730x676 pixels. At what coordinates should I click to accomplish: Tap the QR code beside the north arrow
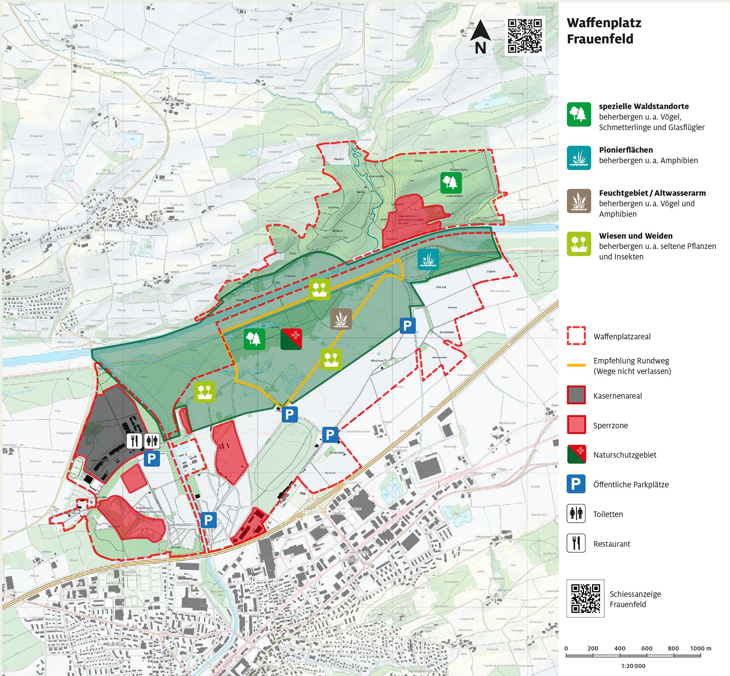525,36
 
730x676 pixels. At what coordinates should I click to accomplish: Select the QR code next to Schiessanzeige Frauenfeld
585,598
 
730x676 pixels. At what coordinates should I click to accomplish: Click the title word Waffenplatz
604,23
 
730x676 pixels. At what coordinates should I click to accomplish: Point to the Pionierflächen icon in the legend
579,157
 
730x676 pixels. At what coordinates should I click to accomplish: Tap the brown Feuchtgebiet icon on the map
341,319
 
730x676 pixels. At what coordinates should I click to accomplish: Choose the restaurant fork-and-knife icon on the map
134,441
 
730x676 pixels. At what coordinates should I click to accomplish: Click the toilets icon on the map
152,441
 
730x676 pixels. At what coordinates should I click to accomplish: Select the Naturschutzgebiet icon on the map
291,339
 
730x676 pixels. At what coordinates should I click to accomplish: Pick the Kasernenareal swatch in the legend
576,395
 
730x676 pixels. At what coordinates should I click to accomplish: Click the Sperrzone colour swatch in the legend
576,425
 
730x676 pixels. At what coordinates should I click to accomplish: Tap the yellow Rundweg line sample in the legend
576,365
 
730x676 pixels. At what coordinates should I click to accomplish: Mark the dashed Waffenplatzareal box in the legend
576,336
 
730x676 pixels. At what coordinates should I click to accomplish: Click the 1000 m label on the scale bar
700,648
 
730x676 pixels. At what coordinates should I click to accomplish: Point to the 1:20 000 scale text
633,666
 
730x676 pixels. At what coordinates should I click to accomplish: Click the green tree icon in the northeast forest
451,182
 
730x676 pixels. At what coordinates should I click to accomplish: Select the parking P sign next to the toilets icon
152,458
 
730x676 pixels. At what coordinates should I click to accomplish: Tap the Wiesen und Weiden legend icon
579,244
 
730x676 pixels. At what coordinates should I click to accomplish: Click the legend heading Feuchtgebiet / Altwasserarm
652,193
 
